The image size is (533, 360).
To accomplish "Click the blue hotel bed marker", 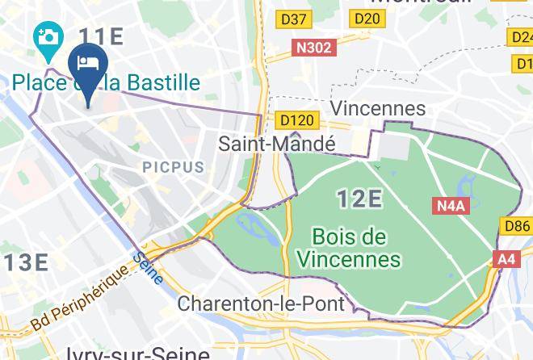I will (86, 64).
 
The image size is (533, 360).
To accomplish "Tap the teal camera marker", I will (48, 37).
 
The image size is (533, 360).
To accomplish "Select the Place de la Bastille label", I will (106, 82).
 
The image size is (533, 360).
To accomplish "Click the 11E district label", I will (101, 36).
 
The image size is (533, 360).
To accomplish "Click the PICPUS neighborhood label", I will (173, 167).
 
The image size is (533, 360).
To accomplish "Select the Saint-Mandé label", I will (277, 144).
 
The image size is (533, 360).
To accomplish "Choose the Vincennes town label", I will (378, 108).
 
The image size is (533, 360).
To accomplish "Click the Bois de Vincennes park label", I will (349, 249).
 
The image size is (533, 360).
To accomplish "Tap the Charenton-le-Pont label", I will (261, 304).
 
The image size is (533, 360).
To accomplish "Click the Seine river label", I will (146, 267).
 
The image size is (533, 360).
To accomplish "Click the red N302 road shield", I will (313, 48).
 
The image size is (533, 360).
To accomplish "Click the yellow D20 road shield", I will (367, 19).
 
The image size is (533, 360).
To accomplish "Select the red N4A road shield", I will (451, 205).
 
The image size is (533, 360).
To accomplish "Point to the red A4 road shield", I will (506, 259).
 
